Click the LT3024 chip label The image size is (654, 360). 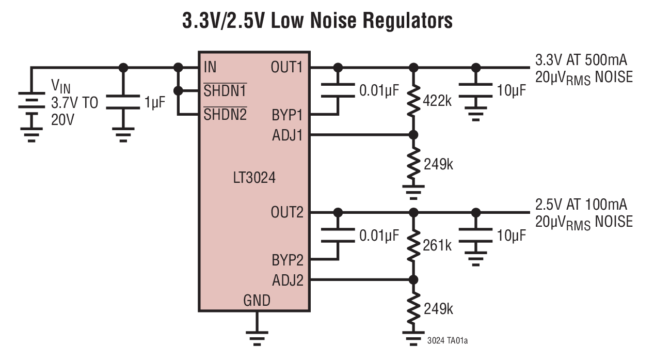tap(253, 179)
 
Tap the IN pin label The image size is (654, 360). tap(210, 67)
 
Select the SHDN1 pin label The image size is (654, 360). tap(225, 91)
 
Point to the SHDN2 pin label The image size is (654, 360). tap(225, 115)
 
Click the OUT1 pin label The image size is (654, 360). tap(286, 67)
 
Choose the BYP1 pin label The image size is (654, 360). tap(288, 115)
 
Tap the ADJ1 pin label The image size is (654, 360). tap(287, 135)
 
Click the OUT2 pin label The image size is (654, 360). tap(286, 212)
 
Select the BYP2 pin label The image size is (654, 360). tap(288, 259)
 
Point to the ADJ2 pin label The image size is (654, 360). tap(287, 280)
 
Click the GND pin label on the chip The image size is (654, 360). tap(257, 300)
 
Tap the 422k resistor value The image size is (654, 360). tap(438, 101)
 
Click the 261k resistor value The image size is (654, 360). tap(438, 245)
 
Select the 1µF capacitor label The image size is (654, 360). tap(155, 103)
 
